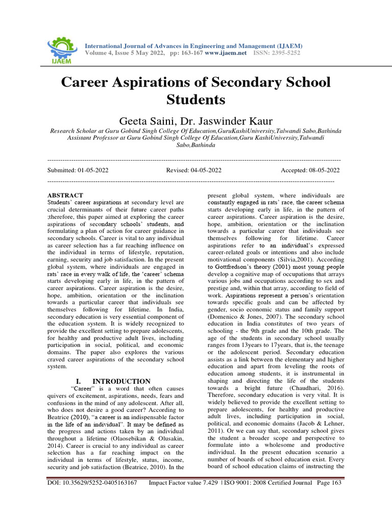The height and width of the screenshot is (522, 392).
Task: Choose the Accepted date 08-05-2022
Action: tap(320, 170)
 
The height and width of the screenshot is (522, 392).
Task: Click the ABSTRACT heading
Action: tap(65, 195)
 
